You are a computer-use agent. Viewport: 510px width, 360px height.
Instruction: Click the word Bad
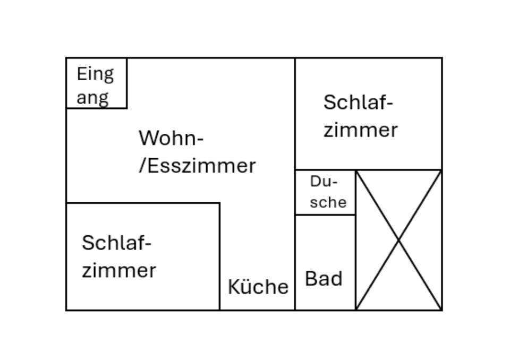click(x=324, y=279)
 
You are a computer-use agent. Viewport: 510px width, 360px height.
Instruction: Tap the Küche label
click(x=258, y=287)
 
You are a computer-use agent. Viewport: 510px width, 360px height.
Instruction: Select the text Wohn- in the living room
click(x=171, y=138)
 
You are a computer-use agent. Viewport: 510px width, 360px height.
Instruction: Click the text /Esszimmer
click(x=197, y=166)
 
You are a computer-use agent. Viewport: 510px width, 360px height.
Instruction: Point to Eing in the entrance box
click(x=95, y=74)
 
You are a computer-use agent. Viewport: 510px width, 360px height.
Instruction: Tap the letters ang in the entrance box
click(x=93, y=98)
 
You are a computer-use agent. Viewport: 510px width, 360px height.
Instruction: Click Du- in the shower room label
click(x=324, y=182)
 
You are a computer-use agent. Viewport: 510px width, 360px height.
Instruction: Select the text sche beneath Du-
click(x=328, y=202)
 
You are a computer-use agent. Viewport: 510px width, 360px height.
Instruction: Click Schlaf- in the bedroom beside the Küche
click(x=117, y=243)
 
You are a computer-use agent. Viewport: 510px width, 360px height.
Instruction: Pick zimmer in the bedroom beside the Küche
click(x=119, y=270)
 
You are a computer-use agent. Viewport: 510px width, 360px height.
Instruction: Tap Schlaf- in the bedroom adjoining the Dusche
click(x=358, y=102)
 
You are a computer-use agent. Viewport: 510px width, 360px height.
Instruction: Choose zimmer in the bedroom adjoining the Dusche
click(x=361, y=130)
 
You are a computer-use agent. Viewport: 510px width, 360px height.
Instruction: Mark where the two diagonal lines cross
click(x=398, y=241)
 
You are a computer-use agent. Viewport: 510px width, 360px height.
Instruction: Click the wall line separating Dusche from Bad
click(x=325, y=215)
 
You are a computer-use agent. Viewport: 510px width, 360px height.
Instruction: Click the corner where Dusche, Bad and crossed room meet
click(x=355, y=215)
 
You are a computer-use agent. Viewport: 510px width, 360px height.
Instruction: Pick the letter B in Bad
click(x=310, y=279)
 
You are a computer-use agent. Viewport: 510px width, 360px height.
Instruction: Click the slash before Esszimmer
click(x=142, y=166)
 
